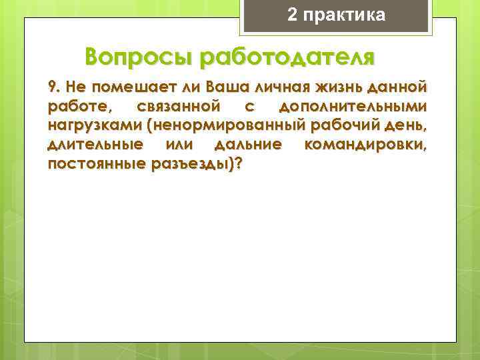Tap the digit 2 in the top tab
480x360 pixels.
tap(292, 15)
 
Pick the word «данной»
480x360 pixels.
tap(400, 88)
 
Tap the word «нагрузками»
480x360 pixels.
tap(90, 126)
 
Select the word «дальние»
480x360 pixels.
tap(249, 145)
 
